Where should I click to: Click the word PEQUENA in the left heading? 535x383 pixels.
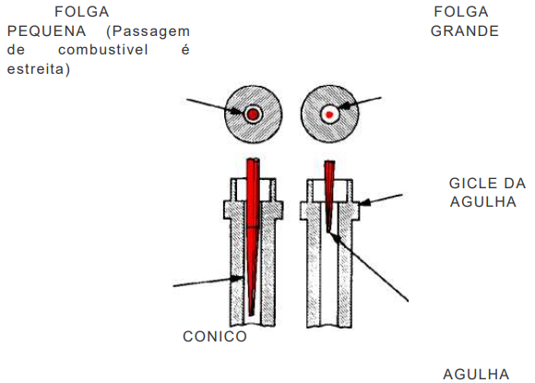coord(47,31)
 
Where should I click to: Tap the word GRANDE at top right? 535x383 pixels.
coord(465,31)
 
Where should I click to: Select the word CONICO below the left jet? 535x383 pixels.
coord(215,337)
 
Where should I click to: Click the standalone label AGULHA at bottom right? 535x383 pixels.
coord(476,375)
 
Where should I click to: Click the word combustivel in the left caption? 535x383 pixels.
coord(103,50)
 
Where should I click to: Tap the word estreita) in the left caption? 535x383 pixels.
coord(39,69)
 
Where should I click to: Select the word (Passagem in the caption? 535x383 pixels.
coord(149,31)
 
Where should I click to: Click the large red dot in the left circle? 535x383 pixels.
coord(253,114)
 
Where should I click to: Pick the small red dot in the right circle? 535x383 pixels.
coord(329,114)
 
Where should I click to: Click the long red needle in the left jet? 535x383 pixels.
coord(253,235)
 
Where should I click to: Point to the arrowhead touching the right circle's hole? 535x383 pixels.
coord(345,106)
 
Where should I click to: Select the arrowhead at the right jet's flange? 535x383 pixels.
coord(364,202)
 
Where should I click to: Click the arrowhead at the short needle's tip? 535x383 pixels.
coord(334,237)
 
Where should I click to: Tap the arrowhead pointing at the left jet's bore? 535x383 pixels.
coord(237,278)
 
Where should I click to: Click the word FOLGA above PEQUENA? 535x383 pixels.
coord(82,12)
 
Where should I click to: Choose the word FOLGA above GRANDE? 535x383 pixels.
coord(461,12)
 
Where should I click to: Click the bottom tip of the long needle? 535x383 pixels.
coord(251,315)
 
